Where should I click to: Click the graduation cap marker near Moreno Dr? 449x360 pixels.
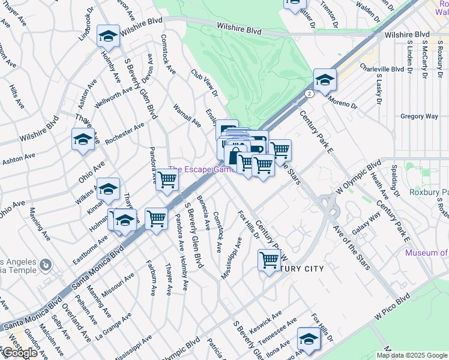[325, 80]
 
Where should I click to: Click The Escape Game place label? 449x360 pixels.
[201, 170]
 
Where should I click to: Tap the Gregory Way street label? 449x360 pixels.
[418, 116]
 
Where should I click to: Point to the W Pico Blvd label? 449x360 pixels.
[393, 306]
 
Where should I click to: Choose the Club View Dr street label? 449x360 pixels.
[204, 83]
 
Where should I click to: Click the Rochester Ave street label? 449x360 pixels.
[125, 134]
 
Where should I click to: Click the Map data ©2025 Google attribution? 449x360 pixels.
[412, 355]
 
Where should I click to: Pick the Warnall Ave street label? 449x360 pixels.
[187, 115]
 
